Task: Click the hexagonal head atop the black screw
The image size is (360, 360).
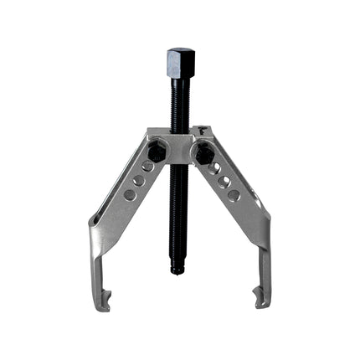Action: pos(180,61)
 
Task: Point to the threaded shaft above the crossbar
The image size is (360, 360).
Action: pos(180,105)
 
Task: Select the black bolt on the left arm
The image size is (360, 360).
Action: pos(157,153)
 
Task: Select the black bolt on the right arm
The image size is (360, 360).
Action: pos(203,153)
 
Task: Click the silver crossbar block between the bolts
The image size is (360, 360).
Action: pos(180,147)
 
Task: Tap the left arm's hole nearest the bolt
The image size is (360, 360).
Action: pos(147,167)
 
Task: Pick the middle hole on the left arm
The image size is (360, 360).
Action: pos(138,181)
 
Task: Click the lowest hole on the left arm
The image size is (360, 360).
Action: pos(129,194)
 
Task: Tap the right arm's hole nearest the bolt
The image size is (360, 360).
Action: pos(213,167)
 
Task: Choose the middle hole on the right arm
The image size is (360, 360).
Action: pos(224,181)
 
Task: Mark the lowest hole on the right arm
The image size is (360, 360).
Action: pos(234,194)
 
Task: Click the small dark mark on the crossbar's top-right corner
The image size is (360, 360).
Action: pos(203,130)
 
